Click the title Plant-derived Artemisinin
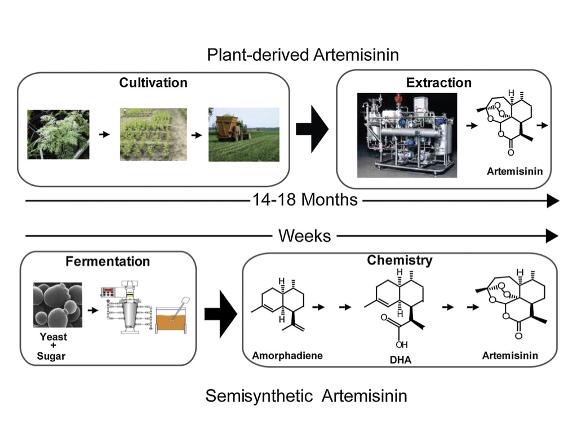coord(303,55)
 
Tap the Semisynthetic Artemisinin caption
coord(306,396)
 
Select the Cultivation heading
coord(153,83)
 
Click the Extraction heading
coord(439,83)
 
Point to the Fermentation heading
coord(108,262)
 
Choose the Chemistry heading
coord(400,260)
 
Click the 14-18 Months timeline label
coord(305,200)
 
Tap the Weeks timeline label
coord(305,236)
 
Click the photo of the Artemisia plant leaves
coord(59,135)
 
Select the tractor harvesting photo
coord(243,134)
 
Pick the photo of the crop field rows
coord(153,135)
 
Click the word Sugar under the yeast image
coord(51,356)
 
